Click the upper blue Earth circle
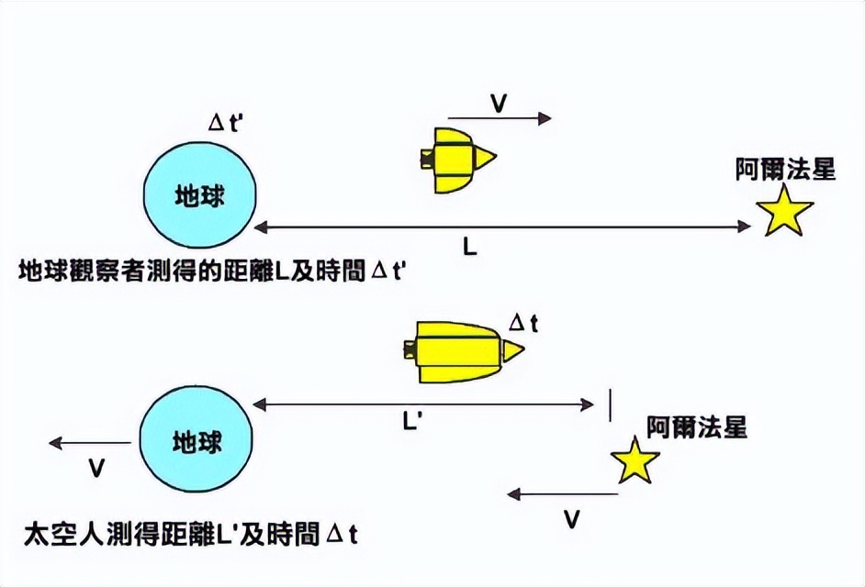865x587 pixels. [x=200, y=195]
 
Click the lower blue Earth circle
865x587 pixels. [x=196, y=438]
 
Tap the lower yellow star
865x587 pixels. [x=635, y=460]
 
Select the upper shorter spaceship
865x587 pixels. [x=458, y=161]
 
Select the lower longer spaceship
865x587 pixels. [x=464, y=352]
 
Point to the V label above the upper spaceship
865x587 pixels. [x=498, y=103]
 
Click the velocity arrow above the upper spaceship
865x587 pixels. [x=500, y=118]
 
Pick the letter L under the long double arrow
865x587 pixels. [x=469, y=247]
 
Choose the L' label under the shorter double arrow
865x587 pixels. [x=412, y=422]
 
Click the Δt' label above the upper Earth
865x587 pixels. [x=224, y=122]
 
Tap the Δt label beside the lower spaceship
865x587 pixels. [x=523, y=323]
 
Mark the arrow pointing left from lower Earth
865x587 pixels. [x=90, y=443]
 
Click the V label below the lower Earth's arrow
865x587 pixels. [x=96, y=468]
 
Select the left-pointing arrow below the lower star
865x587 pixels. [x=562, y=494]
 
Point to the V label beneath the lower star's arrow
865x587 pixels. [x=572, y=519]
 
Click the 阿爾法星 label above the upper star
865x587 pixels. [x=785, y=168]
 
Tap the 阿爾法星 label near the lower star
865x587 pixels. [x=697, y=426]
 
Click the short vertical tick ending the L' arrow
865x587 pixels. [x=610, y=405]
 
